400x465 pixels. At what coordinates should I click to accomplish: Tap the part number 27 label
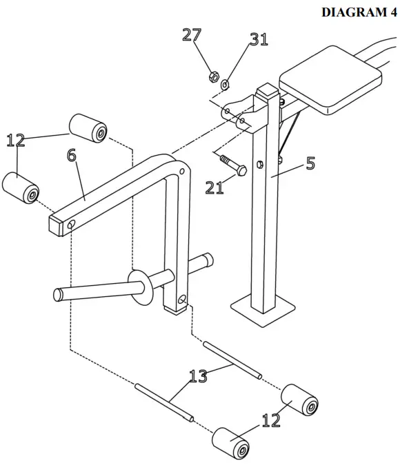tap(192, 35)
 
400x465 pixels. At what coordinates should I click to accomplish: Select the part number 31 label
tap(259, 39)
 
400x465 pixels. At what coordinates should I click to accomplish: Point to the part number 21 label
tap(214, 186)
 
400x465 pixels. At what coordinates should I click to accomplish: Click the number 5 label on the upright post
tap(310, 163)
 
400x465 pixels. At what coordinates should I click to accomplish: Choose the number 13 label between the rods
tap(199, 375)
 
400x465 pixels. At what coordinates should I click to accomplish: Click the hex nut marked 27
tap(214, 75)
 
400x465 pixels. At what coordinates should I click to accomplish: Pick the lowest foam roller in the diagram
tap(231, 444)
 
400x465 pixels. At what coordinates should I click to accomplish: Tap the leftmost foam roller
tap(21, 187)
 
